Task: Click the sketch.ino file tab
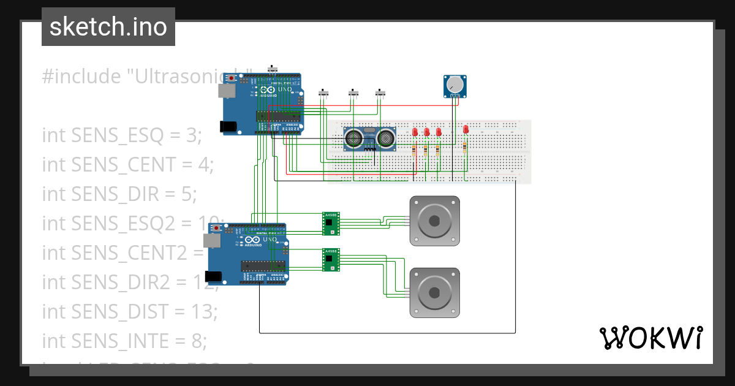108,27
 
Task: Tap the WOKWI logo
650,338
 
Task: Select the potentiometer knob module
454,86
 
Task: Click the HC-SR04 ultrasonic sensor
368,139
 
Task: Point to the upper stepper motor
434,221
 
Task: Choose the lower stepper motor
434,293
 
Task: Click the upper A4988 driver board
331,224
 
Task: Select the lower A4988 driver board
331,260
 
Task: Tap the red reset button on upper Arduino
231,78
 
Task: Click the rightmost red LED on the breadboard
466,130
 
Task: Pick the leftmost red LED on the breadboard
415,132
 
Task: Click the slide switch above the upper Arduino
273,69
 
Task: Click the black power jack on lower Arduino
216,276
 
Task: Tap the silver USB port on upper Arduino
227,91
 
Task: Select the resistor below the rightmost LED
465,147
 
